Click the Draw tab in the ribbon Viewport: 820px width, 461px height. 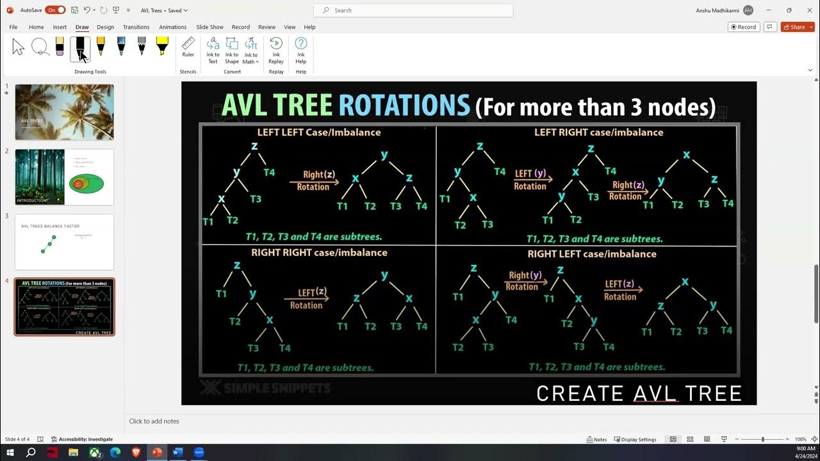(82, 27)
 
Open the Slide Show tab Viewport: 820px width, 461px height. (209, 27)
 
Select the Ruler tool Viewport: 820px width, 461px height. (188, 47)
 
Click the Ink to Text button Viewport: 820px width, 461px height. (213, 49)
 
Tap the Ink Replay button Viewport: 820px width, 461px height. (276, 49)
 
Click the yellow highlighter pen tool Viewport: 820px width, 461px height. (162, 46)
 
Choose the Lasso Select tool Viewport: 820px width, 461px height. (40, 47)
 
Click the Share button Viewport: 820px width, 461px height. (798, 27)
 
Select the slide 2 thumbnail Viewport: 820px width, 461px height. (64, 177)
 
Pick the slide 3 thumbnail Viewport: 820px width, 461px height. (64, 242)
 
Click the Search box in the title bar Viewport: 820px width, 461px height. (413, 10)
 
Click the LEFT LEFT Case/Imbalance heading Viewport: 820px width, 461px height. (319, 133)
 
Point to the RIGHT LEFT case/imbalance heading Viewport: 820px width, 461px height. (591, 254)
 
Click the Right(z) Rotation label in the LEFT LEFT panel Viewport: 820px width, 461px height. (314, 181)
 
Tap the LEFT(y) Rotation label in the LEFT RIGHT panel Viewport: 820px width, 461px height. (531, 180)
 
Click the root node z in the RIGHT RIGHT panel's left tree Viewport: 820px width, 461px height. (237, 265)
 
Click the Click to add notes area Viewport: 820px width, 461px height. (154, 421)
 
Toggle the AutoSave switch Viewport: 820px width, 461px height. (55, 10)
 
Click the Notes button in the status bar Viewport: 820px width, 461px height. (596, 439)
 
